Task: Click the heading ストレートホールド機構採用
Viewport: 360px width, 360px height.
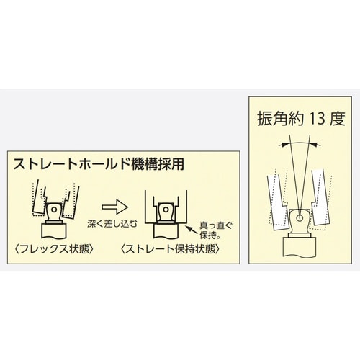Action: tap(99, 164)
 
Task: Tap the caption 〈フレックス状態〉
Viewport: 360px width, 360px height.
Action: tap(54, 249)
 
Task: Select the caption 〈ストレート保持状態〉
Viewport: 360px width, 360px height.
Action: tap(170, 249)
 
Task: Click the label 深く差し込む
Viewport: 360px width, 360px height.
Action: tap(112, 223)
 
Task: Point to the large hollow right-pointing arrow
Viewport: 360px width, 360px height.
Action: tap(114, 207)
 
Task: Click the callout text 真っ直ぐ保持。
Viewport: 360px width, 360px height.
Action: tap(215, 230)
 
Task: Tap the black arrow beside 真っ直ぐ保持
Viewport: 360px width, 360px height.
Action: tap(192, 230)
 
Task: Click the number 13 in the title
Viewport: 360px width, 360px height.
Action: tap(316, 119)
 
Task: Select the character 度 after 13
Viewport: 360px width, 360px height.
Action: tap(338, 119)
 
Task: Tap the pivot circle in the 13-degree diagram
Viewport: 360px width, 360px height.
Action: tap(300, 218)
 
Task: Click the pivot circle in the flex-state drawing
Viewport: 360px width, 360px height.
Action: tap(54, 210)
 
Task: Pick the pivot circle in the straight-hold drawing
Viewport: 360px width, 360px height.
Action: tap(166, 210)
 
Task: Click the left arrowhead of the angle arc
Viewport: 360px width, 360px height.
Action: tap(282, 145)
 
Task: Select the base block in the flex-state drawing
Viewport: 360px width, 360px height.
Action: tap(54, 231)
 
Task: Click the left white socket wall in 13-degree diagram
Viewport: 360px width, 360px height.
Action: tap(277, 202)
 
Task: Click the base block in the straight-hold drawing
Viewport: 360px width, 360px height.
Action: tap(166, 231)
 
